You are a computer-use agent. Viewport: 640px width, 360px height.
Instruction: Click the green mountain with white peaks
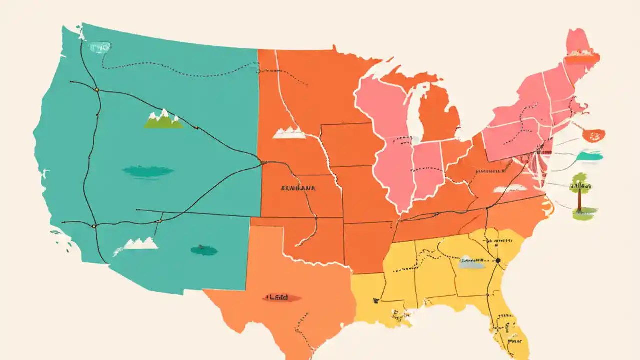coord(163,120)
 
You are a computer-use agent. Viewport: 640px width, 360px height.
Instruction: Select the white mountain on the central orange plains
coord(289,133)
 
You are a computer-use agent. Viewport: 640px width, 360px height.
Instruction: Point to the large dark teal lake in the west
coord(148,171)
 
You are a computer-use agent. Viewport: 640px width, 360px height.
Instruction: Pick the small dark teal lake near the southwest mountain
coord(204,250)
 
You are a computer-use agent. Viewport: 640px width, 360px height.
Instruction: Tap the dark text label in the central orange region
coord(298,189)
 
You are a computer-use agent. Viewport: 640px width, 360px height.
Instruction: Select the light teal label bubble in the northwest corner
coord(100,47)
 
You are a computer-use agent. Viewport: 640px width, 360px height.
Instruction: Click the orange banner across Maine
coord(581,57)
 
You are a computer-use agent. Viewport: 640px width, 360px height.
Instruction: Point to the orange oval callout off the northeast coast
coord(594,135)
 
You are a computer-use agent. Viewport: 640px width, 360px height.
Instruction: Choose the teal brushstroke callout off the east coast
coord(590,156)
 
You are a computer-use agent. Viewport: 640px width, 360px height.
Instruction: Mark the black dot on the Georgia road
coord(498,260)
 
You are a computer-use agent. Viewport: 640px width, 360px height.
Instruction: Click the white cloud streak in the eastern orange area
coord(510,188)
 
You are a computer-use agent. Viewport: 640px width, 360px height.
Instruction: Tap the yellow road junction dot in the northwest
coord(97,90)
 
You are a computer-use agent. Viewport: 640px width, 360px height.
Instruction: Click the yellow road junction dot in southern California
coord(94,226)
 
